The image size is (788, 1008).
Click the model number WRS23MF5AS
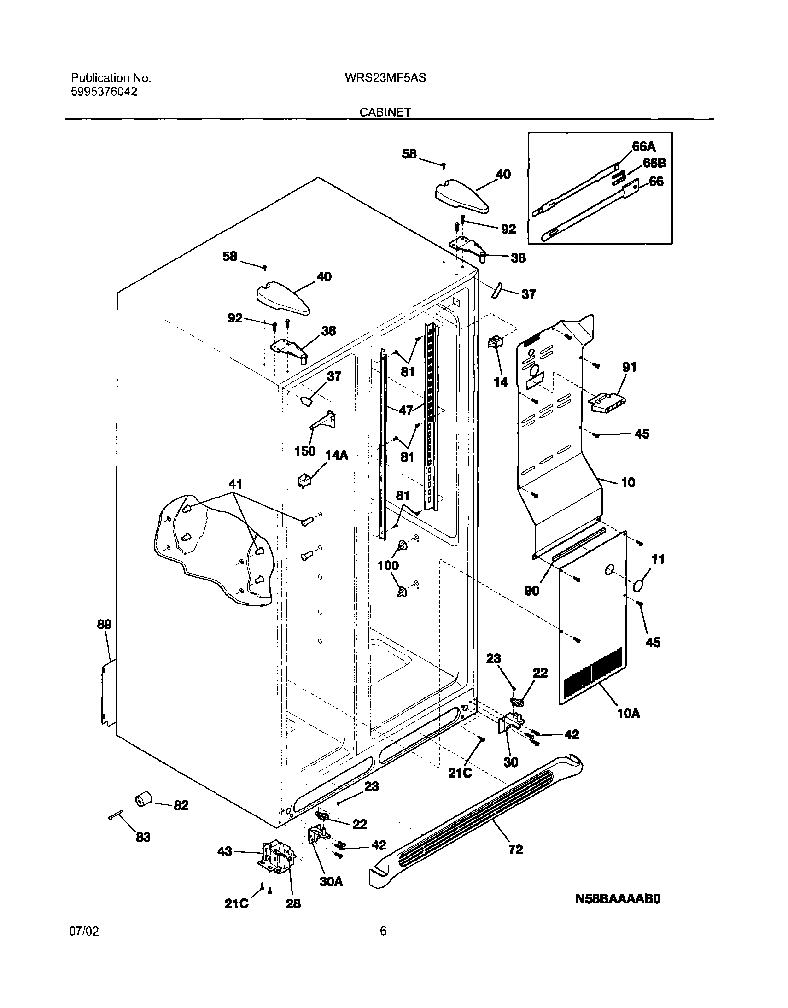(x=385, y=78)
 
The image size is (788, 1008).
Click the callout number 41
(x=235, y=484)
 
